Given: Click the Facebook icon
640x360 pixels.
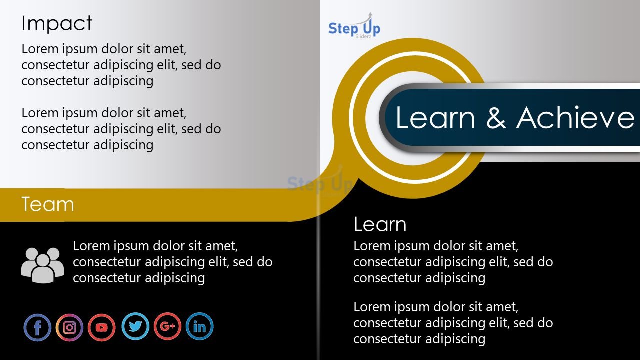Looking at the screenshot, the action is [x=37, y=327].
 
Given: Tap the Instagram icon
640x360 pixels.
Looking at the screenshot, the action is [x=69, y=327].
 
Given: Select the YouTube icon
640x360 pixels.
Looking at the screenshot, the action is [x=101, y=327].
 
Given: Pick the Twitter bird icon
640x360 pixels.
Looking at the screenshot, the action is [x=135, y=326].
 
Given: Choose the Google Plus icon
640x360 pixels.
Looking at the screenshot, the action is [x=167, y=326].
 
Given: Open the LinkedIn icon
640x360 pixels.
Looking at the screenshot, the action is [x=199, y=326].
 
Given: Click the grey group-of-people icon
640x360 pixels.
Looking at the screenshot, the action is [x=42, y=265].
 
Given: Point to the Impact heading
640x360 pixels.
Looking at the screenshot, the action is [x=57, y=23].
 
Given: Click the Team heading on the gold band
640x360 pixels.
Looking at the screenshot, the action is [x=47, y=204].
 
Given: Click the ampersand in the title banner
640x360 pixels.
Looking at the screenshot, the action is [x=496, y=117].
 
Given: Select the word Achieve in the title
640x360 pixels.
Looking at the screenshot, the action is [x=575, y=117].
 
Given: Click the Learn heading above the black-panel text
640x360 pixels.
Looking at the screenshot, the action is [x=380, y=224].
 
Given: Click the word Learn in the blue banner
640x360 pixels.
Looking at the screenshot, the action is [x=435, y=117].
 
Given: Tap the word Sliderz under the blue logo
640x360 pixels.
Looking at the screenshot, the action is [x=363, y=36].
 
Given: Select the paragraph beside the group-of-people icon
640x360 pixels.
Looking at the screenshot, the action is [x=173, y=262].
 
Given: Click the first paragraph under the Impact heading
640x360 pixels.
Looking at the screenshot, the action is [x=121, y=65].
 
